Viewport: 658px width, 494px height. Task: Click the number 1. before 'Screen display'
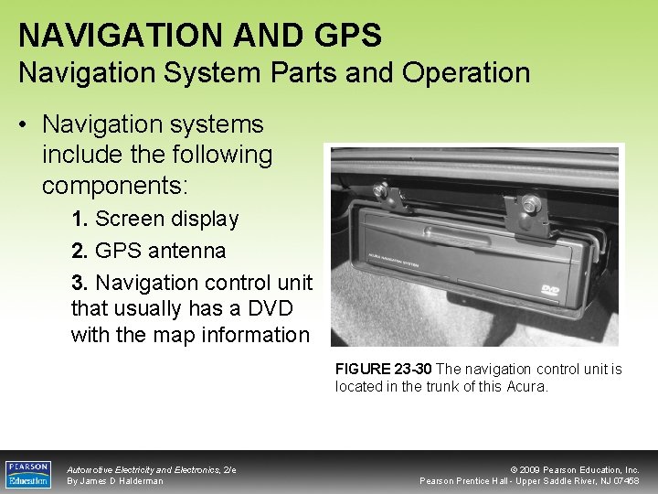pos(80,220)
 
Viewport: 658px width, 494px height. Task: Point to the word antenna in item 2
pos(187,251)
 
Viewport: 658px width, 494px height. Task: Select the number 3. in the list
pos(80,283)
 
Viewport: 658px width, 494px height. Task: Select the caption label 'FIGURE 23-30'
pos(384,370)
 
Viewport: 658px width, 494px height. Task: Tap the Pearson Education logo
pos(28,474)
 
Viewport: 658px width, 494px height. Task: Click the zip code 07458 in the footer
pos(625,481)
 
